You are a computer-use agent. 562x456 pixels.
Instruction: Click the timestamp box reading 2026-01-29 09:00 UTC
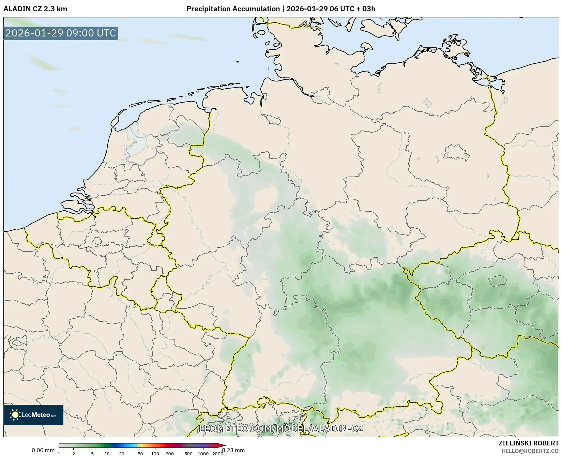point(61,33)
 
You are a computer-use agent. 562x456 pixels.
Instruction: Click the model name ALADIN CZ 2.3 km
point(35,9)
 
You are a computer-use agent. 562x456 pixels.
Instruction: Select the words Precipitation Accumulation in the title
point(233,9)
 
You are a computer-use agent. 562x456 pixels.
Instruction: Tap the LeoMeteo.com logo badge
point(33,415)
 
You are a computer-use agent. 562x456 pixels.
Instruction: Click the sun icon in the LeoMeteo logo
point(15,415)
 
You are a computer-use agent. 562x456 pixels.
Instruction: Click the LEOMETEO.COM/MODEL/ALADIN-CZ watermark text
point(281,428)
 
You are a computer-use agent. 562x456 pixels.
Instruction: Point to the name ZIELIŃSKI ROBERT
point(528,443)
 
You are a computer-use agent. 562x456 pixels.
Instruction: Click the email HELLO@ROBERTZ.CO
point(530,451)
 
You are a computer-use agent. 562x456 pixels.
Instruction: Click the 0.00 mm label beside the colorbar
point(43,451)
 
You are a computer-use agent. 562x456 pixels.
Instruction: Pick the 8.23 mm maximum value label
point(233,451)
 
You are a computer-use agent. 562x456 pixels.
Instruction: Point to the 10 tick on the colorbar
point(107,454)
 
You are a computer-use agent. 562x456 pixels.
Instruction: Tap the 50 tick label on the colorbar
point(140,454)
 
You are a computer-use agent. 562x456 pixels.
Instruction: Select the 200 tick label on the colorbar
point(170,454)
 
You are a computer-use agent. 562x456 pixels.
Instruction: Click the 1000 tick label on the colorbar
point(203,454)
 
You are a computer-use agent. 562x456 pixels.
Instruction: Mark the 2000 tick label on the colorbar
point(218,454)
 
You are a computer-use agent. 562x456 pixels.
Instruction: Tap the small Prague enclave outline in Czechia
point(497,281)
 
